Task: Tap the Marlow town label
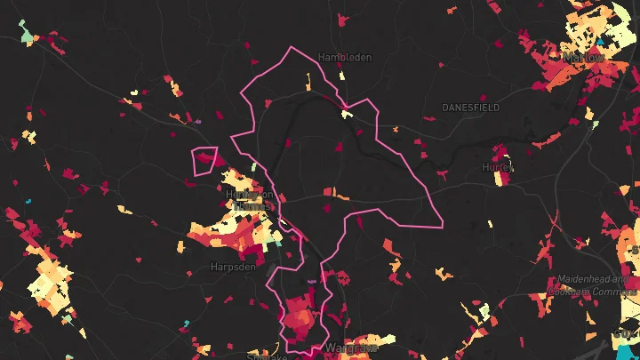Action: [584, 57]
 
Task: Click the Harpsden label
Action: [234, 266]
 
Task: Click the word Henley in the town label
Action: [243, 195]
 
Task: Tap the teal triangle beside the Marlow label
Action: [602, 41]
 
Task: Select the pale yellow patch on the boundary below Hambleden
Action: [346, 114]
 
